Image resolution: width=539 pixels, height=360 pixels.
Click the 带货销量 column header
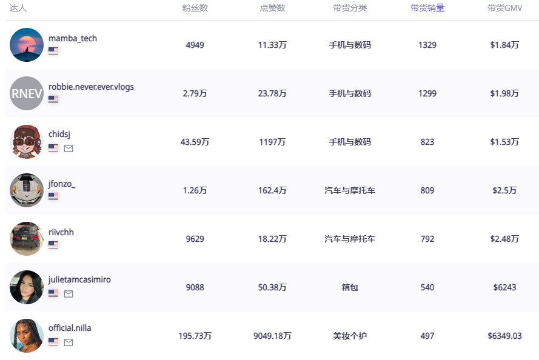click(x=427, y=8)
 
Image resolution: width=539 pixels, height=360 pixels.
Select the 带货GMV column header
click(x=504, y=8)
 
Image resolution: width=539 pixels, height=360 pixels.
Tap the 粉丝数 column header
click(x=195, y=8)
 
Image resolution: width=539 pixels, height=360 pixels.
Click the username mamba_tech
click(x=73, y=38)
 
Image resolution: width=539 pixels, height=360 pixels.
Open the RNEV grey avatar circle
click(x=27, y=93)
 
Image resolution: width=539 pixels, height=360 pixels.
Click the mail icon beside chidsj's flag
click(x=69, y=148)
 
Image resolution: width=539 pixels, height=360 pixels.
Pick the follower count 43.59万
click(x=195, y=142)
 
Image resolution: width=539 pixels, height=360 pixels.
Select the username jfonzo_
click(x=62, y=184)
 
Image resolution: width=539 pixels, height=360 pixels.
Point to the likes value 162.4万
click(x=272, y=190)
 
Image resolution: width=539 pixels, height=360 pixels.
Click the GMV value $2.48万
click(x=504, y=239)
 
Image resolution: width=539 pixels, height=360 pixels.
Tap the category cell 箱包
click(x=350, y=287)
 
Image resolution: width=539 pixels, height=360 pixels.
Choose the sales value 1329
click(x=427, y=45)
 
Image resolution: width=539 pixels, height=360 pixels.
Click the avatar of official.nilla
click(x=27, y=336)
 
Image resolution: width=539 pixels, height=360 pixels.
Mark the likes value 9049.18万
click(x=272, y=336)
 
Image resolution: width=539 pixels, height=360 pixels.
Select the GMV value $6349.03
click(x=504, y=336)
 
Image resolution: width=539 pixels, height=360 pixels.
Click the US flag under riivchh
click(x=53, y=245)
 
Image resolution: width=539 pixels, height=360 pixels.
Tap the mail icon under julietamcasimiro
click(x=69, y=293)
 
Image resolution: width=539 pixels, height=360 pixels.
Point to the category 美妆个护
click(x=350, y=336)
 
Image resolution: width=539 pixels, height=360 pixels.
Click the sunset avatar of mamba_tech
click(x=27, y=45)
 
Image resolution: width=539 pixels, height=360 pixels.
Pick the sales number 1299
click(x=427, y=93)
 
